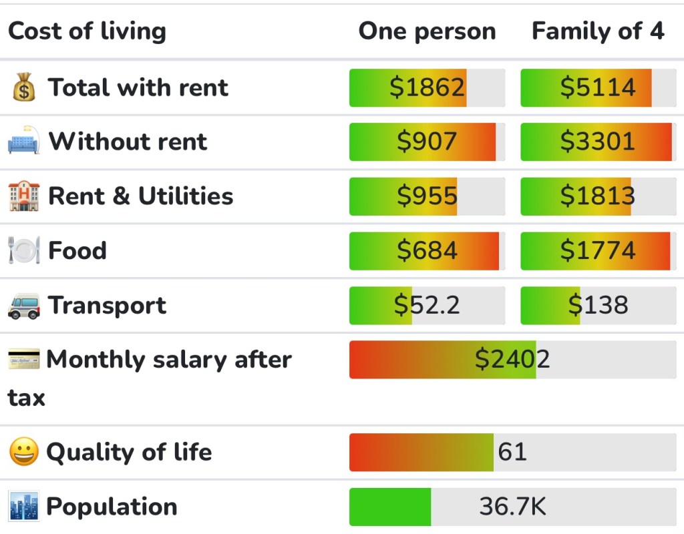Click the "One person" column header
click(x=427, y=31)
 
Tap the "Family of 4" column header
click(x=598, y=31)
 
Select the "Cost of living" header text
click(x=87, y=31)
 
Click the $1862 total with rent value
click(x=427, y=87)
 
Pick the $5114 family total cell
click(x=598, y=87)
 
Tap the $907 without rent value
click(x=427, y=142)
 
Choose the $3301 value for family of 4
click(x=598, y=142)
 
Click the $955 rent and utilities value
click(x=427, y=196)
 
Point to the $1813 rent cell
click(x=598, y=196)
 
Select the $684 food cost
click(x=427, y=251)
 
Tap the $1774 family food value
click(x=598, y=251)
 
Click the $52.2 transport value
click(x=427, y=305)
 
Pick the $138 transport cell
click(x=598, y=305)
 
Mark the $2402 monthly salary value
click(x=512, y=360)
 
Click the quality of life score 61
click(x=512, y=452)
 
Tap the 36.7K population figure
click(x=512, y=507)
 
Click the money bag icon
click(x=23, y=88)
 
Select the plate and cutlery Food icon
click(x=23, y=251)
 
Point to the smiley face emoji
click(x=23, y=452)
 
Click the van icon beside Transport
click(x=23, y=306)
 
